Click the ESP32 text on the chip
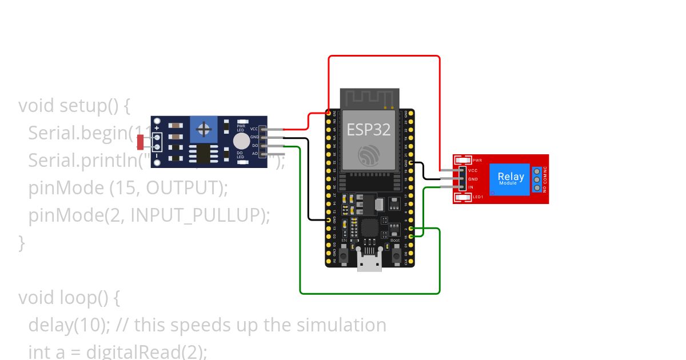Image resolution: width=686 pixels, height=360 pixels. (369, 130)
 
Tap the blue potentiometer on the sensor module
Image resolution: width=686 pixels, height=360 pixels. (204, 129)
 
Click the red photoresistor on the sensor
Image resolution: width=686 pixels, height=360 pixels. (141, 142)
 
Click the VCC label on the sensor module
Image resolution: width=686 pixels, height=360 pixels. (254, 129)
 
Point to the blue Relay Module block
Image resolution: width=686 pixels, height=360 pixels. (510, 179)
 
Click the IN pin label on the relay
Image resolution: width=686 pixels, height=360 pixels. (471, 187)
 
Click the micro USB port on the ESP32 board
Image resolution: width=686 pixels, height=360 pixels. (369, 262)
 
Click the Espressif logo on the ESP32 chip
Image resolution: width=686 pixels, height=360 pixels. (369, 155)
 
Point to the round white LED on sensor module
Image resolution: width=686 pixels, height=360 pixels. (241, 141)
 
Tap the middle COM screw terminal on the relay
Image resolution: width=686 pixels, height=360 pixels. (537, 179)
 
